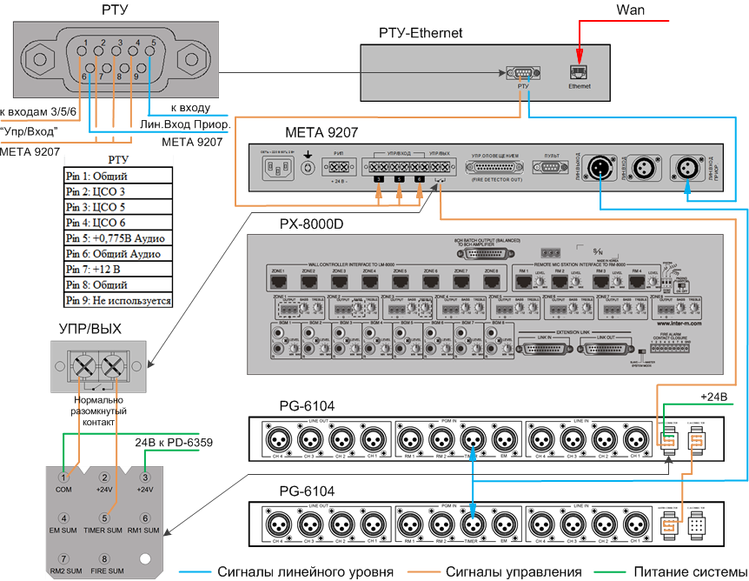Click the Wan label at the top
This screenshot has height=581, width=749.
pyautogui.click(x=630, y=10)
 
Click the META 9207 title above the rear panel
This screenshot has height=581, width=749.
pyautogui.click(x=320, y=132)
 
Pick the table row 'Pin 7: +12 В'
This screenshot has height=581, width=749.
pyautogui.click(x=118, y=269)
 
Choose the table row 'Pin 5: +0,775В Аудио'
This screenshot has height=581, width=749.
pyautogui.click(x=118, y=237)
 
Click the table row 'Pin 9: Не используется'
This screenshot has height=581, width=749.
pyautogui.click(x=118, y=300)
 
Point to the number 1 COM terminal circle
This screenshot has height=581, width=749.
pyautogui.click(x=63, y=477)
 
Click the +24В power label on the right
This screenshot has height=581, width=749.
pyautogui.click(x=713, y=396)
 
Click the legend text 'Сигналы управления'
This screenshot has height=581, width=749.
pyautogui.click(x=514, y=571)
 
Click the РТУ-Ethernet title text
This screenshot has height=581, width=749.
pyautogui.click(x=421, y=33)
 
